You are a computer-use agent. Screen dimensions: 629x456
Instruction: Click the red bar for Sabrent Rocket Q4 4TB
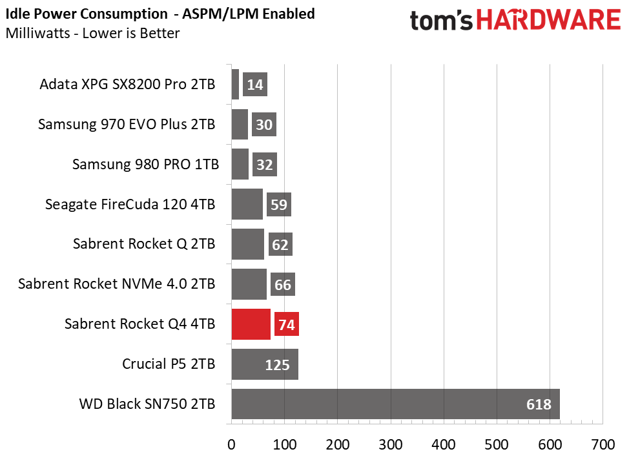251,324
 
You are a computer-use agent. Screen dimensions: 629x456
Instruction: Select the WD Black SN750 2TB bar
395,404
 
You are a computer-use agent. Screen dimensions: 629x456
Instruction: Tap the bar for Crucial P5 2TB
265,364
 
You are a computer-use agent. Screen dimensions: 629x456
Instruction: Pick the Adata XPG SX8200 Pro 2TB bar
235,84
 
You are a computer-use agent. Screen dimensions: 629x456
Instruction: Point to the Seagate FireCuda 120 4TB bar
247,204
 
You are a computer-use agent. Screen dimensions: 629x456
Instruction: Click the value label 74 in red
287,324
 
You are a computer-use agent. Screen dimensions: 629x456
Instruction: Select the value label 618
539,404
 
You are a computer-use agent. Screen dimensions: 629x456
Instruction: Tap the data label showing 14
255,85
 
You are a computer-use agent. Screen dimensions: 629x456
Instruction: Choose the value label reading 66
283,285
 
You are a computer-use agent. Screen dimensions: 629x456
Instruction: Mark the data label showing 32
265,165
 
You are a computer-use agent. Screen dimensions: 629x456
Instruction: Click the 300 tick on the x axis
390,444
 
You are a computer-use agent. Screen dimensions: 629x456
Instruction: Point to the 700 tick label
603,444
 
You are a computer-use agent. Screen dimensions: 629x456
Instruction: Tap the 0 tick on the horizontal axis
231,444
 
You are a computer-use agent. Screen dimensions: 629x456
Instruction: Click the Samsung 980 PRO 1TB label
145,164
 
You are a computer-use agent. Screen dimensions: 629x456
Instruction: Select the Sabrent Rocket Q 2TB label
144,244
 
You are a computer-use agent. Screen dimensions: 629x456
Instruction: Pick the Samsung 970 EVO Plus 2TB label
127,124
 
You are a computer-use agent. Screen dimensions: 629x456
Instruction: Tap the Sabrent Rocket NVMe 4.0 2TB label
117,284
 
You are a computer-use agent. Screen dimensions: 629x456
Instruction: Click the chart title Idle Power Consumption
87,14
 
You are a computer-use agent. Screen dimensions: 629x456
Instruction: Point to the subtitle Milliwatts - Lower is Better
92,34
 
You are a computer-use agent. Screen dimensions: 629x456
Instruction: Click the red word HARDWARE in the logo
549,21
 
